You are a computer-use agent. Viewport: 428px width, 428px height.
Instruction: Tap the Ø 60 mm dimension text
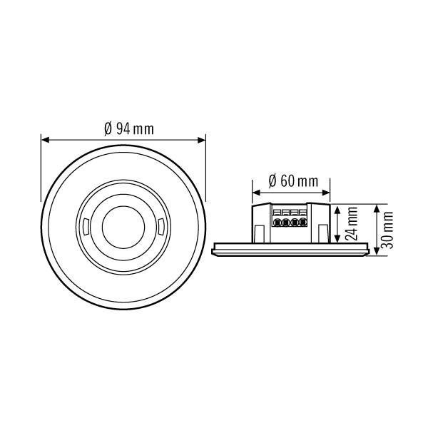point(293,180)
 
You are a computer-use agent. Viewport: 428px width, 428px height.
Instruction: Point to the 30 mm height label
point(387,228)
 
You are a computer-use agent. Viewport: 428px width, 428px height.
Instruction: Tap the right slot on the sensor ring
point(160,229)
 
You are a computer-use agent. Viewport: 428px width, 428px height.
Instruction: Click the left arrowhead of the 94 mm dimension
point(44,139)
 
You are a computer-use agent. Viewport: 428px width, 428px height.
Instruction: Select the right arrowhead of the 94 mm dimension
point(203,139)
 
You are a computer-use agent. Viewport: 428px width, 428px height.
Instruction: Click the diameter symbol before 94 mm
point(108,128)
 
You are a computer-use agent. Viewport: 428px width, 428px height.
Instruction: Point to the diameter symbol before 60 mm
point(273,180)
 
